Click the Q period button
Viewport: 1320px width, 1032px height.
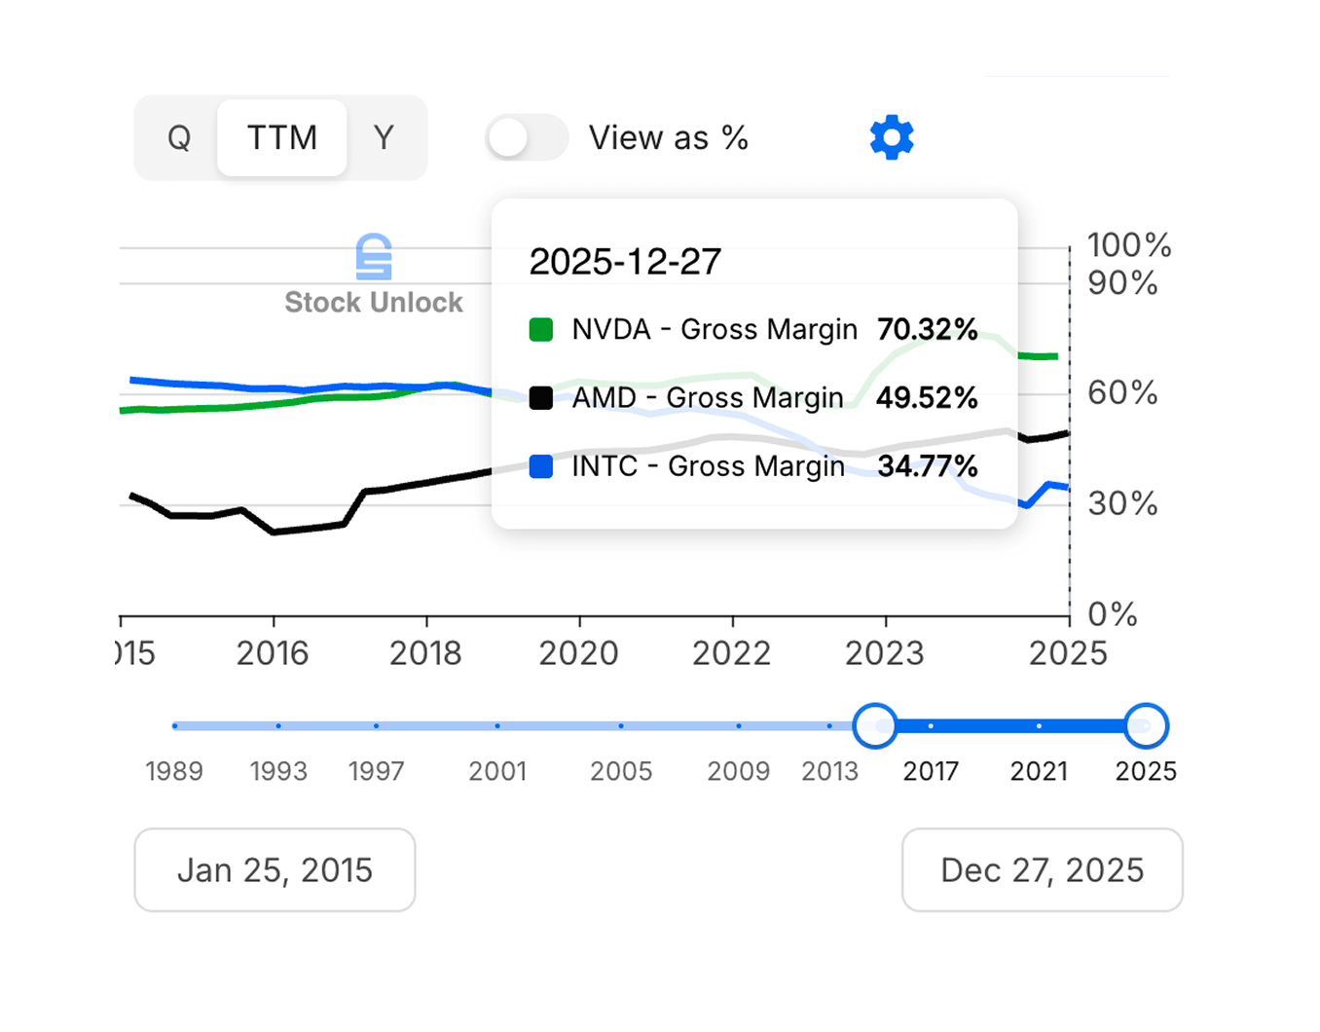pos(178,138)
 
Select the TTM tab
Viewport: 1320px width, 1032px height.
pos(281,138)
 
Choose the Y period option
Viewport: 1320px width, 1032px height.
pos(384,138)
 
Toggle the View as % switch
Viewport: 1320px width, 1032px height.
pos(527,138)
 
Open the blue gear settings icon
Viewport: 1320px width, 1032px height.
pos(892,137)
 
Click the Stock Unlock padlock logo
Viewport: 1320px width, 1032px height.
pos(374,257)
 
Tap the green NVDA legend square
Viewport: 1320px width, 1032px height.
pos(541,330)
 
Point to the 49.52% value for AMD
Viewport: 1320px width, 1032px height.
pos(926,398)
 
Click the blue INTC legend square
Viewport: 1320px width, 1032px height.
pos(541,466)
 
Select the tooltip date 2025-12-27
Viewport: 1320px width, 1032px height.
pos(625,262)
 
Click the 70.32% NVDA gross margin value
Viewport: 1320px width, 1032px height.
pos(927,330)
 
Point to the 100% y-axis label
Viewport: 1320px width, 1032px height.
pos(1128,245)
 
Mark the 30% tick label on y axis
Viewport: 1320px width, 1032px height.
pos(1122,503)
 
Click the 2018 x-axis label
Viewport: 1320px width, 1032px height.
pos(425,653)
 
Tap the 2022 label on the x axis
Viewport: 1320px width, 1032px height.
pos(731,653)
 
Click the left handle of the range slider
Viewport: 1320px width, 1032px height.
pos(874,726)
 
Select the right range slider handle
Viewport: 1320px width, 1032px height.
pos(1146,726)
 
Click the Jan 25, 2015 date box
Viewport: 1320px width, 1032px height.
pos(275,869)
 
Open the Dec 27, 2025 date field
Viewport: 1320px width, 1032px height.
pos(1042,869)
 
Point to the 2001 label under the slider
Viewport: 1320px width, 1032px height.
pos(497,771)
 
